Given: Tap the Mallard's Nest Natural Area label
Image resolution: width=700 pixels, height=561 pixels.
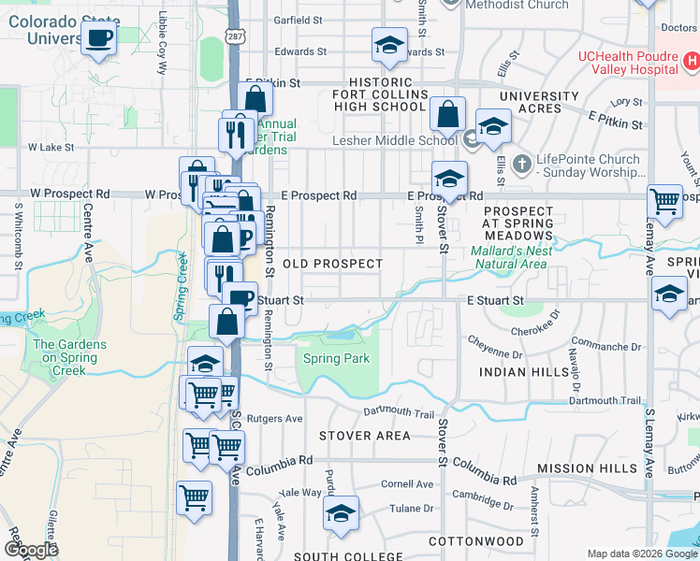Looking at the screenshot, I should point(511,257).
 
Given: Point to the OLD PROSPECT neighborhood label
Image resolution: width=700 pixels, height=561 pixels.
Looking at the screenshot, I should point(332,265).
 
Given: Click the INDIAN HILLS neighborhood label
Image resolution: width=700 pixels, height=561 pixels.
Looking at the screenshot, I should point(523,372).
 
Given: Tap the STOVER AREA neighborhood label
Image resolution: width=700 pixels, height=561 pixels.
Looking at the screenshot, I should point(364,436).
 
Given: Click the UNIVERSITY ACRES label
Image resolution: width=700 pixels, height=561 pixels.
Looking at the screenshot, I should point(539,102).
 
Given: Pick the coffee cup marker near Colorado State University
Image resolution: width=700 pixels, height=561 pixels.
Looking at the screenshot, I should point(98,39).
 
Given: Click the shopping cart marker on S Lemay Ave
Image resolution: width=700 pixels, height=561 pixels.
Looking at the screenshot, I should point(664,200).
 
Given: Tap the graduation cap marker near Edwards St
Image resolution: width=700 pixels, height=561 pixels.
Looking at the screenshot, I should point(388,45).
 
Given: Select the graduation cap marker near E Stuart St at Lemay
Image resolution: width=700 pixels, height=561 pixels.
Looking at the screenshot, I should point(669,295).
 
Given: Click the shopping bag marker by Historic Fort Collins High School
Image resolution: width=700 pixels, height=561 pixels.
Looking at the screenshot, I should point(448,114).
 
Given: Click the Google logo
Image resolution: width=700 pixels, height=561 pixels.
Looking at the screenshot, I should point(31,550).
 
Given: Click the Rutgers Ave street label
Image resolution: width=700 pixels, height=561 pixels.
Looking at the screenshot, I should point(281,419).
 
